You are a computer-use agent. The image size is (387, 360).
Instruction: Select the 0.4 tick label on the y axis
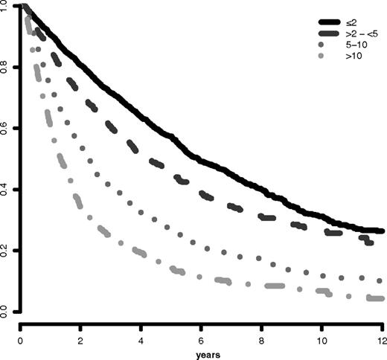pyautogui.click(x=7, y=189)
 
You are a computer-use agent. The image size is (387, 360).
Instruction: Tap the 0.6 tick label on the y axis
pyautogui.click(x=7, y=128)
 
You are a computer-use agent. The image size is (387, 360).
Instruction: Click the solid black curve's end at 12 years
pyautogui.click(x=382, y=231)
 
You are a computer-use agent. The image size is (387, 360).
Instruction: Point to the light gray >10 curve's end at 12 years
pyautogui.click(x=382, y=299)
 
